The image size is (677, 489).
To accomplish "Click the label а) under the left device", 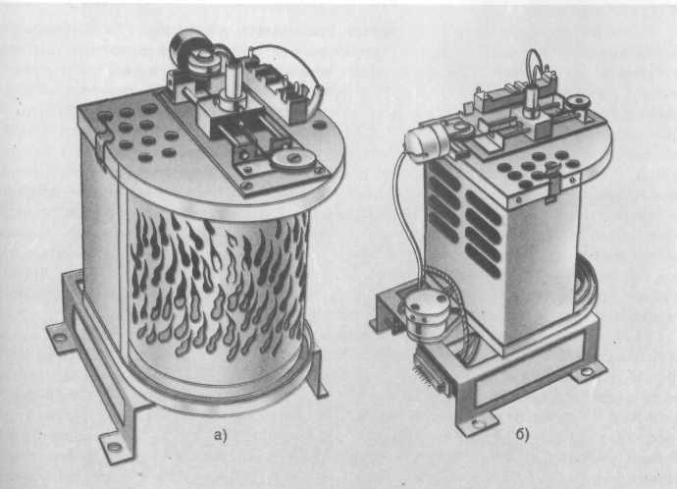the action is click(220, 435).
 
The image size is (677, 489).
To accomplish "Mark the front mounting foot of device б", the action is click(477, 424).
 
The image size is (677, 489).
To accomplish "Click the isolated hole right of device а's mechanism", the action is click(320, 126).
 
